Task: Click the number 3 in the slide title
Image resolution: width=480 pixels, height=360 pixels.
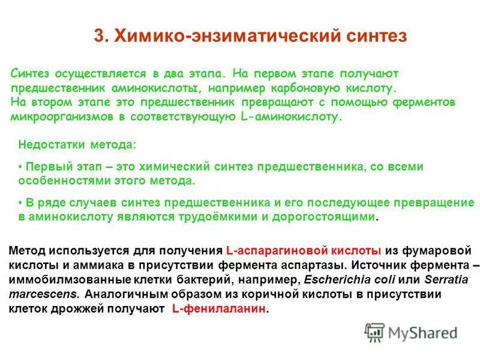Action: [x=98, y=35]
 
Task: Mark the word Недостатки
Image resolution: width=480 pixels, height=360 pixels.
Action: [x=49, y=145]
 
